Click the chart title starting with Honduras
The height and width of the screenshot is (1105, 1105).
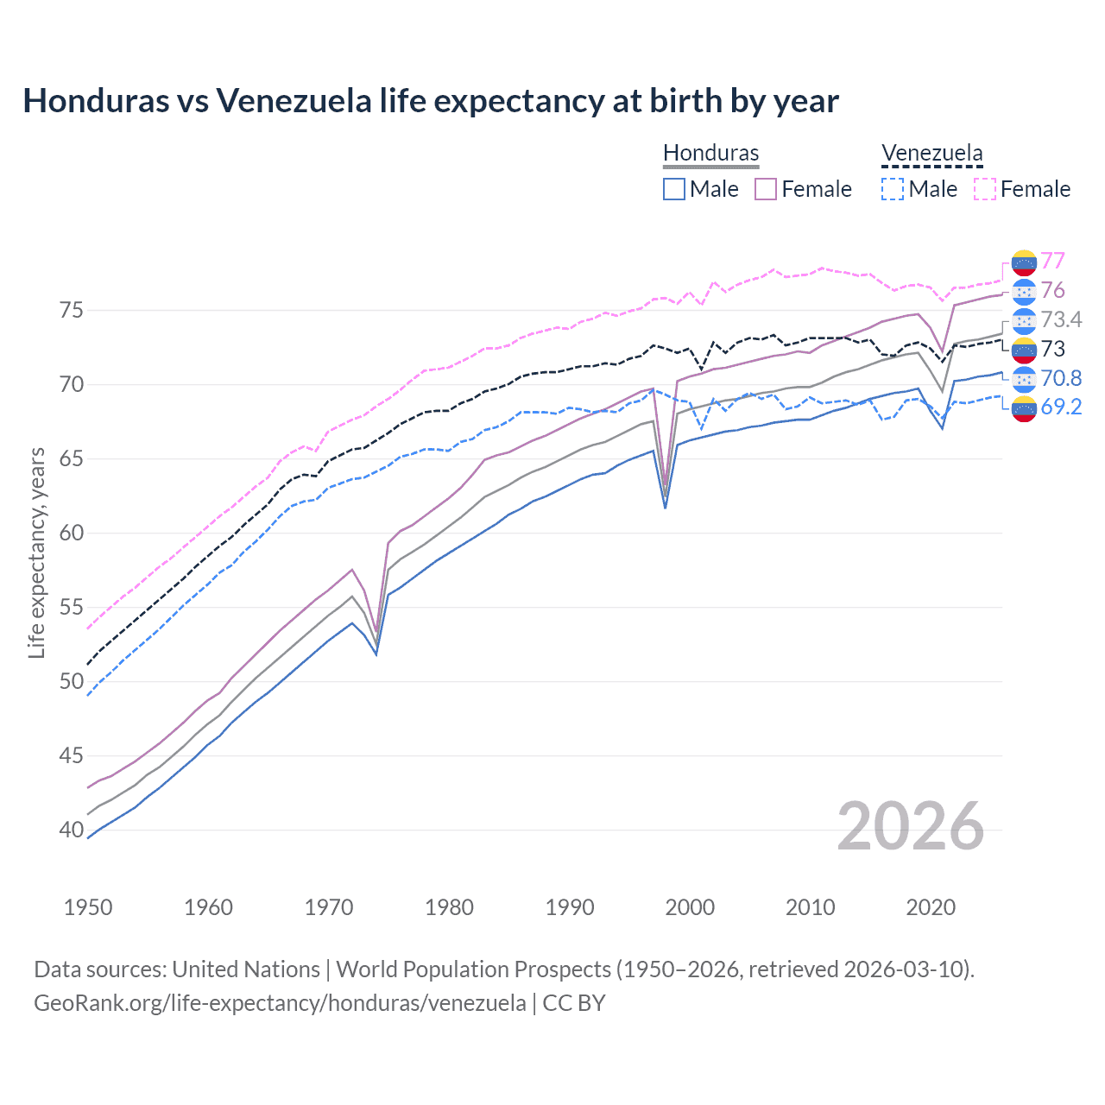[x=430, y=101]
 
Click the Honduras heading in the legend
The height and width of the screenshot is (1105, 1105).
[x=710, y=153]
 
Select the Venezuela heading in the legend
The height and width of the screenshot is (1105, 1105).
[x=931, y=153]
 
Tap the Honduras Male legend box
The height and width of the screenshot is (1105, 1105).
[x=674, y=189]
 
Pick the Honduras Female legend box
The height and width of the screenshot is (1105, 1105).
[x=766, y=189]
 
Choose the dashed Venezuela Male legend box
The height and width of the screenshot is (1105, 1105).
[x=893, y=189]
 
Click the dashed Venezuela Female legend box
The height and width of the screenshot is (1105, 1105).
[x=984, y=189]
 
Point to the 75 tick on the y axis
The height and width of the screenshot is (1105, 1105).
[x=71, y=310]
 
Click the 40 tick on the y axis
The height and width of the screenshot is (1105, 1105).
[x=71, y=830]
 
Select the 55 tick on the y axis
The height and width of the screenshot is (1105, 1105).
[x=71, y=607]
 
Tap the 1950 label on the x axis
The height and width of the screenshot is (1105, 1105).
[x=88, y=907]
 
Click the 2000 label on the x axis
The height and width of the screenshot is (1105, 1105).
[x=690, y=907]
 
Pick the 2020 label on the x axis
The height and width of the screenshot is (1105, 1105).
[x=931, y=907]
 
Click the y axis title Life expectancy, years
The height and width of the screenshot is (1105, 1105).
[x=36, y=552]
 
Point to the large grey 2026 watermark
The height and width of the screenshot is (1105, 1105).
[x=911, y=826]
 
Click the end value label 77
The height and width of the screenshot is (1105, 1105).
[x=1052, y=261]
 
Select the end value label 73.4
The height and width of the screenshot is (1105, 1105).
[x=1061, y=319]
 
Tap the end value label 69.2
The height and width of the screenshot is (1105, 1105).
[x=1061, y=407]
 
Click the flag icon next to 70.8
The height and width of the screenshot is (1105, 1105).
[x=1024, y=378]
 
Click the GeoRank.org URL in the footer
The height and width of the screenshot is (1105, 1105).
[x=280, y=1003]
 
